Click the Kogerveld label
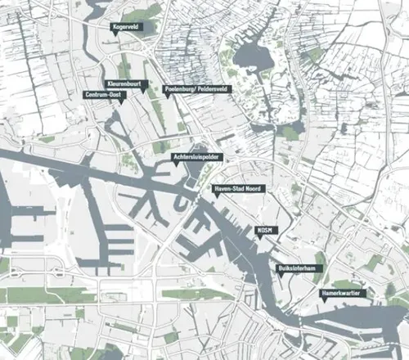pos(128,27)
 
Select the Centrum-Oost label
pos(104,95)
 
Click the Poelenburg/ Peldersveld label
pos(197,88)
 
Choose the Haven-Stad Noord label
pos(236,188)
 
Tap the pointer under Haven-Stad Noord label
pos(214,197)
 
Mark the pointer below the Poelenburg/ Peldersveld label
pos(168,97)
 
